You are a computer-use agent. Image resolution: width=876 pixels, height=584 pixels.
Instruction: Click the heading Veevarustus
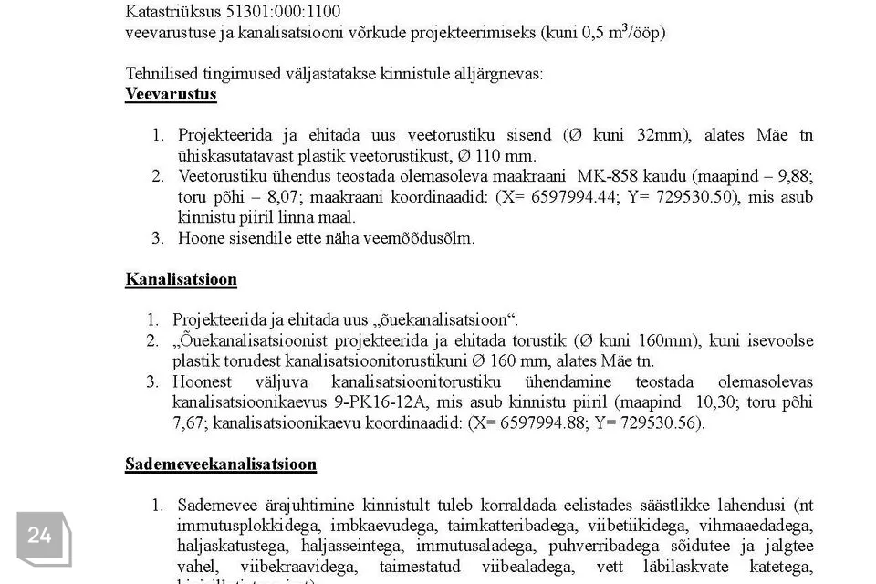(171, 94)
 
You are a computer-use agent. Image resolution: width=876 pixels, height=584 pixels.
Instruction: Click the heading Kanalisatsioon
(181, 279)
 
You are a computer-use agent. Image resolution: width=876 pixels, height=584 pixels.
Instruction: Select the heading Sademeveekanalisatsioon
(221, 464)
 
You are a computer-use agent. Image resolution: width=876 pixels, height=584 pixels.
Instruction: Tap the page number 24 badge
(41, 536)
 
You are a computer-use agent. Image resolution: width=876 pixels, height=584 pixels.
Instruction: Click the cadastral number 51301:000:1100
(283, 12)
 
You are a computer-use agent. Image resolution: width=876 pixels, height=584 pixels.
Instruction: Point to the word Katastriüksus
(173, 12)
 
